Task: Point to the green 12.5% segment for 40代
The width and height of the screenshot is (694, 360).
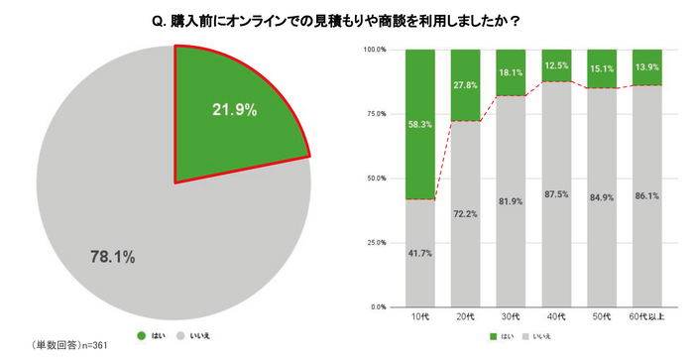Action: pos(556,65)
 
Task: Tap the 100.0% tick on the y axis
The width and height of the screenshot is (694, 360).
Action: pos(374,50)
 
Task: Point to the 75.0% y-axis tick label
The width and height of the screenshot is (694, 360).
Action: pos(376,114)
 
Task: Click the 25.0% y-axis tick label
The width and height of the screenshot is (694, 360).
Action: pos(376,243)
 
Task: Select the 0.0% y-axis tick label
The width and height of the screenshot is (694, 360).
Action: pos(379,307)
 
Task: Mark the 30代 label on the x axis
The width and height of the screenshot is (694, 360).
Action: pos(512,317)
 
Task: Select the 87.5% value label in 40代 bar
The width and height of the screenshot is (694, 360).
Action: pos(556,221)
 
